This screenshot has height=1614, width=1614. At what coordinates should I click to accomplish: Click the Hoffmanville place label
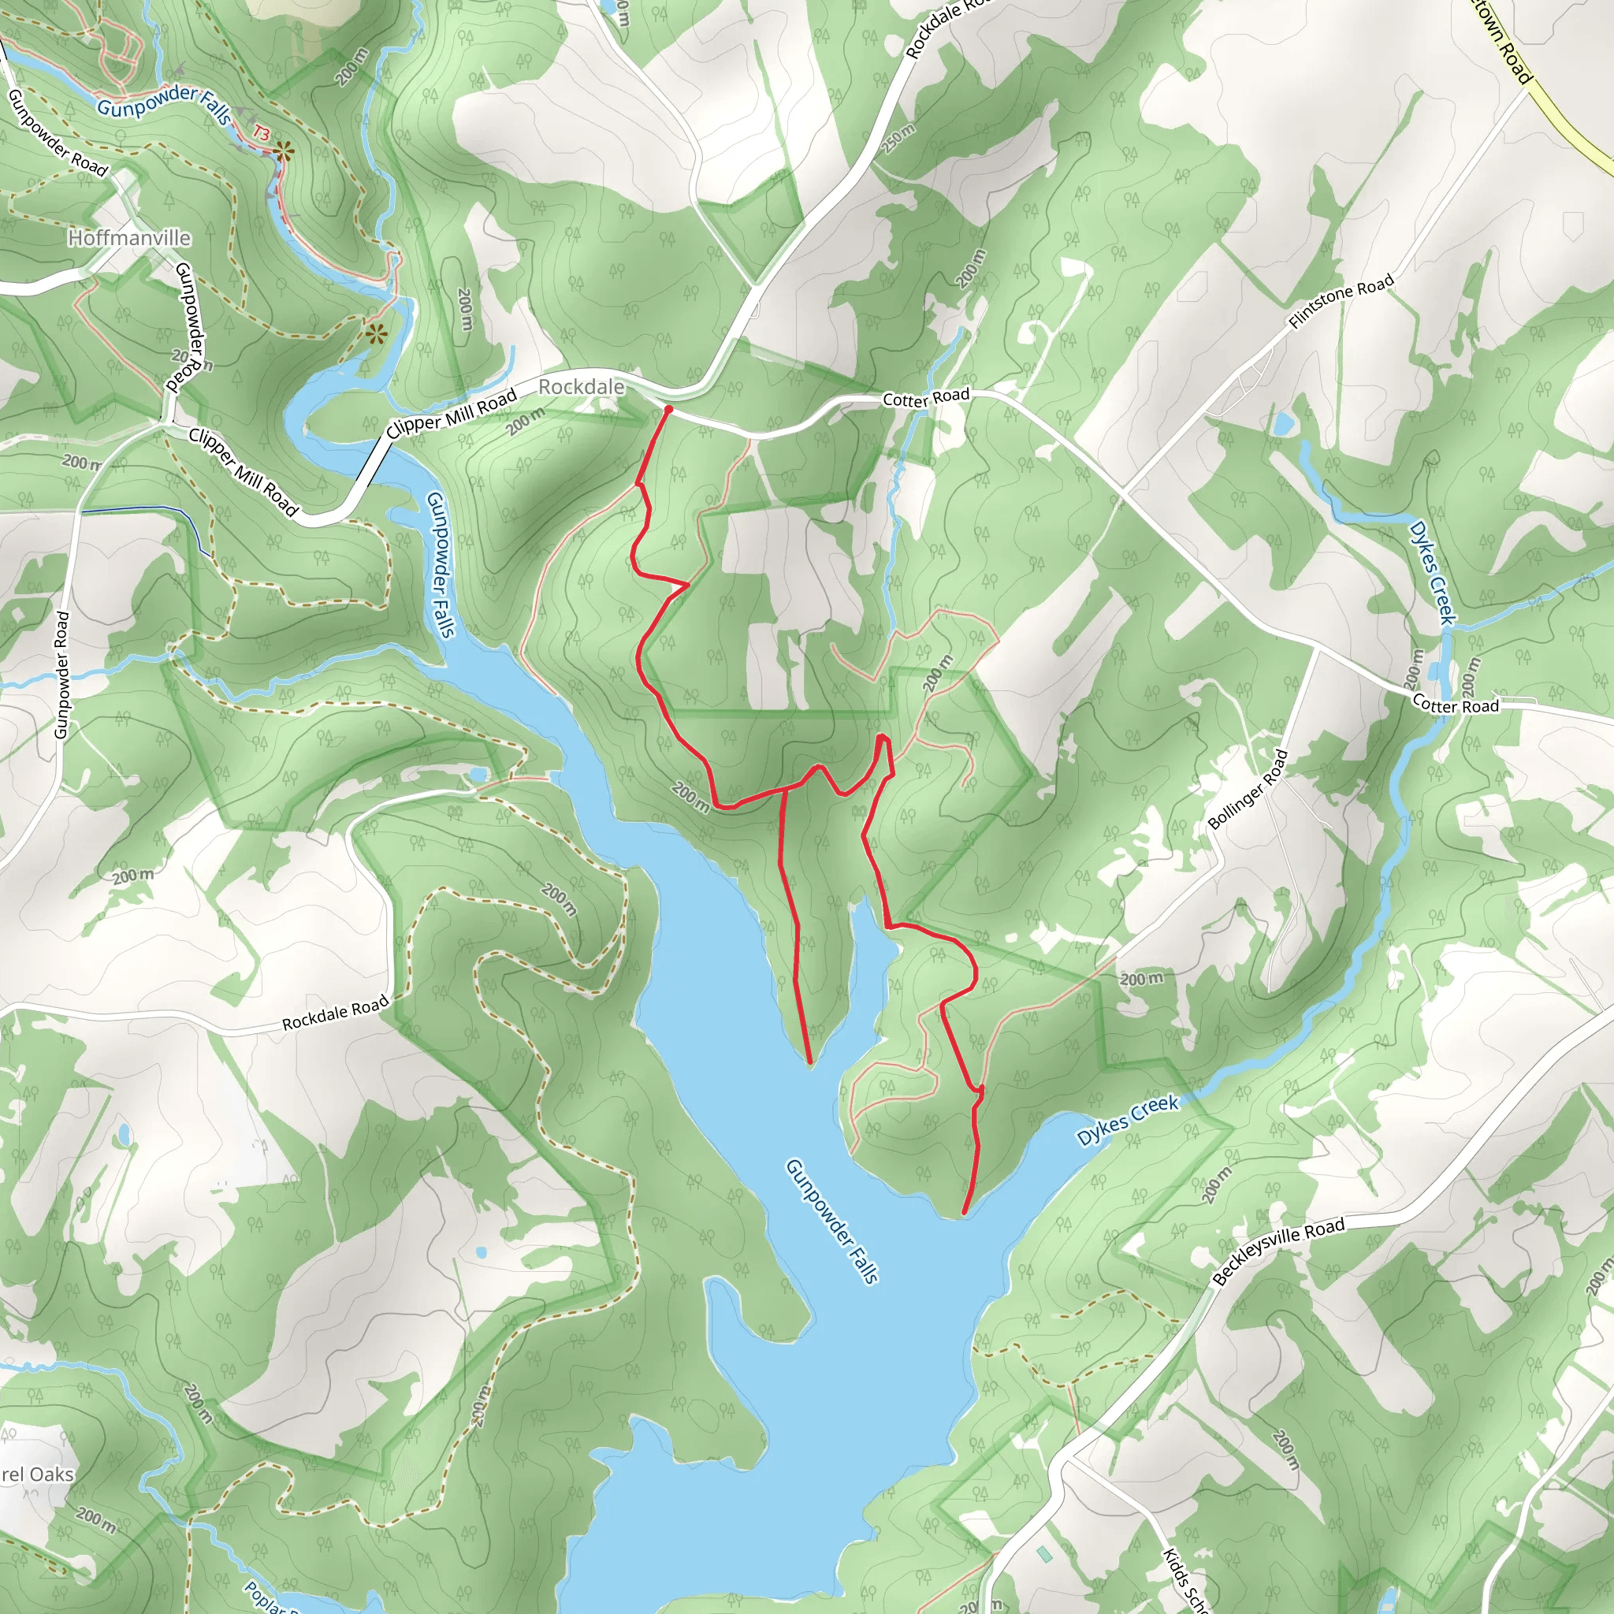[129, 239]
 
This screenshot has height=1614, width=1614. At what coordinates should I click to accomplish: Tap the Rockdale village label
[582, 387]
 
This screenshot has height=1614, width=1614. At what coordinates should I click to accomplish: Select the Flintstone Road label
[1341, 301]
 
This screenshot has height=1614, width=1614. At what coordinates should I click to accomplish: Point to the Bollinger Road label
[1248, 790]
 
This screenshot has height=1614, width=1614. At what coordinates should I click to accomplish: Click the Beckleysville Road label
[1278, 1251]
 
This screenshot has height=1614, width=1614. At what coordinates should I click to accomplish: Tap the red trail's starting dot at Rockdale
[668, 409]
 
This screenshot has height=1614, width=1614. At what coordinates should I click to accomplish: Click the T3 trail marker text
[262, 133]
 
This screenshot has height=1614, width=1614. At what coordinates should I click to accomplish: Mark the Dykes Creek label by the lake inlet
[1127, 1119]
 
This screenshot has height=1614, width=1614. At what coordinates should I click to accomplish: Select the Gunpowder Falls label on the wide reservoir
[832, 1221]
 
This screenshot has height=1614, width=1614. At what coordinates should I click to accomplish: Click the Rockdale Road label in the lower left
[335, 1012]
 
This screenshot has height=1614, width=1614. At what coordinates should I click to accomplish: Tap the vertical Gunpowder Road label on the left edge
[61, 675]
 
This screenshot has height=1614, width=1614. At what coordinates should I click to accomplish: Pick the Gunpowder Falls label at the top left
[163, 106]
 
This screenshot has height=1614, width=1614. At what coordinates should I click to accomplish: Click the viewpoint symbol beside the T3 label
[284, 151]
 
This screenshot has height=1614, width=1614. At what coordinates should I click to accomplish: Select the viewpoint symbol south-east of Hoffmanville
[376, 334]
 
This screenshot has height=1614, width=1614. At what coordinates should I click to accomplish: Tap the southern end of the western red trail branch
[810, 1062]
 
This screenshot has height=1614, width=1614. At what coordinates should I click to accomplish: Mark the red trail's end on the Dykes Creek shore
[965, 1212]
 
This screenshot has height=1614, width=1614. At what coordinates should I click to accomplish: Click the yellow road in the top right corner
[1571, 125]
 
